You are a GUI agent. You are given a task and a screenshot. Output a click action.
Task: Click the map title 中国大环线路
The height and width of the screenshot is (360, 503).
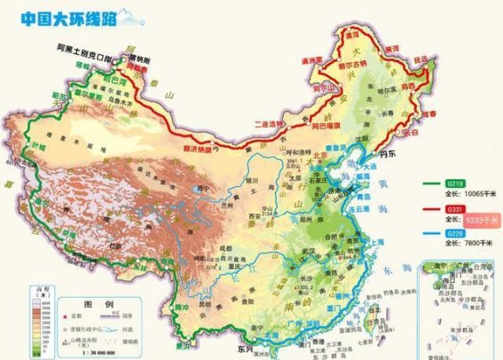click(x=59, y=17)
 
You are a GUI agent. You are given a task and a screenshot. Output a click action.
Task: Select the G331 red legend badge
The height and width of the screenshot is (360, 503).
click(x=455, y=208)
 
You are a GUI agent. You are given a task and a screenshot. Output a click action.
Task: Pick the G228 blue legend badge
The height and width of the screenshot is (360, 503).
click(x=455, y=233)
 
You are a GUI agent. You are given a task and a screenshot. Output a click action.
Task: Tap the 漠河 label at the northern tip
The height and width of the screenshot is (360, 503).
click(x=352, y=33)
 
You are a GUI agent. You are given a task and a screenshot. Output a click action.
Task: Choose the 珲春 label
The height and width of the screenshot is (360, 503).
click(x=430, y=114)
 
